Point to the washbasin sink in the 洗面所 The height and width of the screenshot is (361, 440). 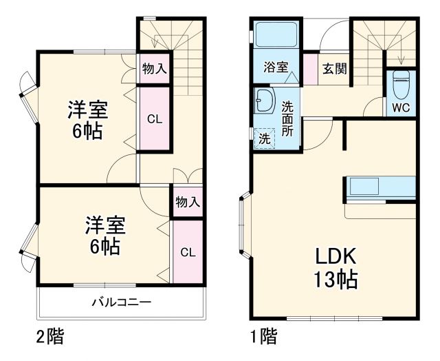tap(263, 102)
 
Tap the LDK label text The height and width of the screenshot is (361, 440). tap(335, 257)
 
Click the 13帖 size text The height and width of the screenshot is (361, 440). tap(335, 280)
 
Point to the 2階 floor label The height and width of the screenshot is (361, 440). tap(49, 338)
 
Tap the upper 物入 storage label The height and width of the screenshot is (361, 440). tap(154, 69)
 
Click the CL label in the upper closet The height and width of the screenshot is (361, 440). tap(154, 118)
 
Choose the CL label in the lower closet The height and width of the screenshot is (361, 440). tap(188, 251)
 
